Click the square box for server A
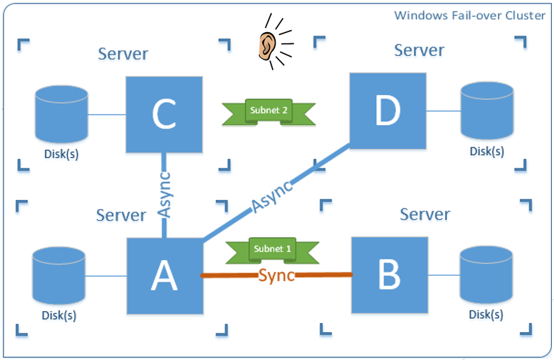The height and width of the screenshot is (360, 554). [165, 276]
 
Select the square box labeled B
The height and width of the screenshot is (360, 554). [389, 275]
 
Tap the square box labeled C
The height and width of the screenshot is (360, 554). [164, 115]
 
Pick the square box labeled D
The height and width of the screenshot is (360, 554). [388, 111]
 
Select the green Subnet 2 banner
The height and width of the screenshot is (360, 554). [269, 112]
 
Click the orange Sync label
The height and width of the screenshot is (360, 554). [276, 274]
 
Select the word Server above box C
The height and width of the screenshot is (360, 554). [123, 54]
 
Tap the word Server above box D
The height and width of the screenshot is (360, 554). [419, 50]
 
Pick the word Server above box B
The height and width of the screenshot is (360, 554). [425, 213]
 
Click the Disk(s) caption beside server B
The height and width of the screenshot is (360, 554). [487, 315]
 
